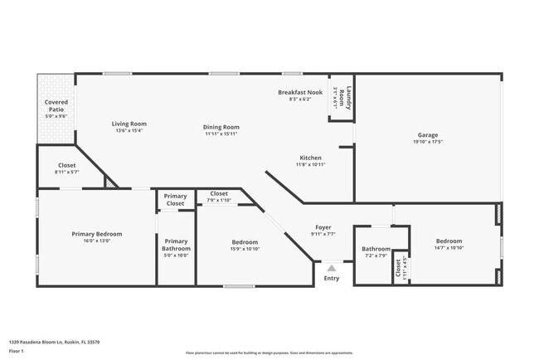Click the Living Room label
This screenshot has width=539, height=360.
point(129,124)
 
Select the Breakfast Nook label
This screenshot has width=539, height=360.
point(300,92)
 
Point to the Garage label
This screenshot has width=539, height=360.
point(428,134)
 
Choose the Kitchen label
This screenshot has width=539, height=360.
point(310,158)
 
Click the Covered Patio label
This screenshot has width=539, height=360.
point(56,105)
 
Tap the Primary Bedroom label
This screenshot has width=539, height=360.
point(91,234)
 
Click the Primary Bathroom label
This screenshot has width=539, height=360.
point(176,245)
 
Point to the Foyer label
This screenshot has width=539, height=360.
point(323,227)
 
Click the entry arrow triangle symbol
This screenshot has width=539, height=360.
point(331,269)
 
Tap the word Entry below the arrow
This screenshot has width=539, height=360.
point(331,279)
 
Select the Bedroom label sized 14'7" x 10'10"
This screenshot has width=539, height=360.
point(449,241)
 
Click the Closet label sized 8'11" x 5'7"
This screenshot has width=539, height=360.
point(66,165)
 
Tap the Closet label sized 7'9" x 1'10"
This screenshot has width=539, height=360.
point(218,193)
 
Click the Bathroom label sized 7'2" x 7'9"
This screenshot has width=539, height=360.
point(376,249)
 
